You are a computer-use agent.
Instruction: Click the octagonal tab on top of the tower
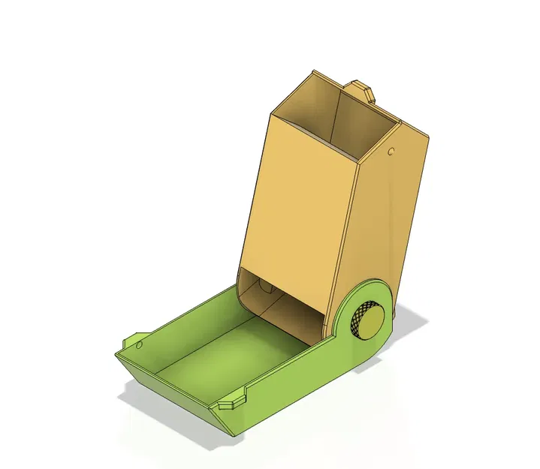point(363,90)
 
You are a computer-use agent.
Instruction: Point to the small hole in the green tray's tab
point(139,345)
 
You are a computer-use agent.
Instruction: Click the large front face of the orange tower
point(300,203)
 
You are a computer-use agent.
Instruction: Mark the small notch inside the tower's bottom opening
point(264,286)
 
